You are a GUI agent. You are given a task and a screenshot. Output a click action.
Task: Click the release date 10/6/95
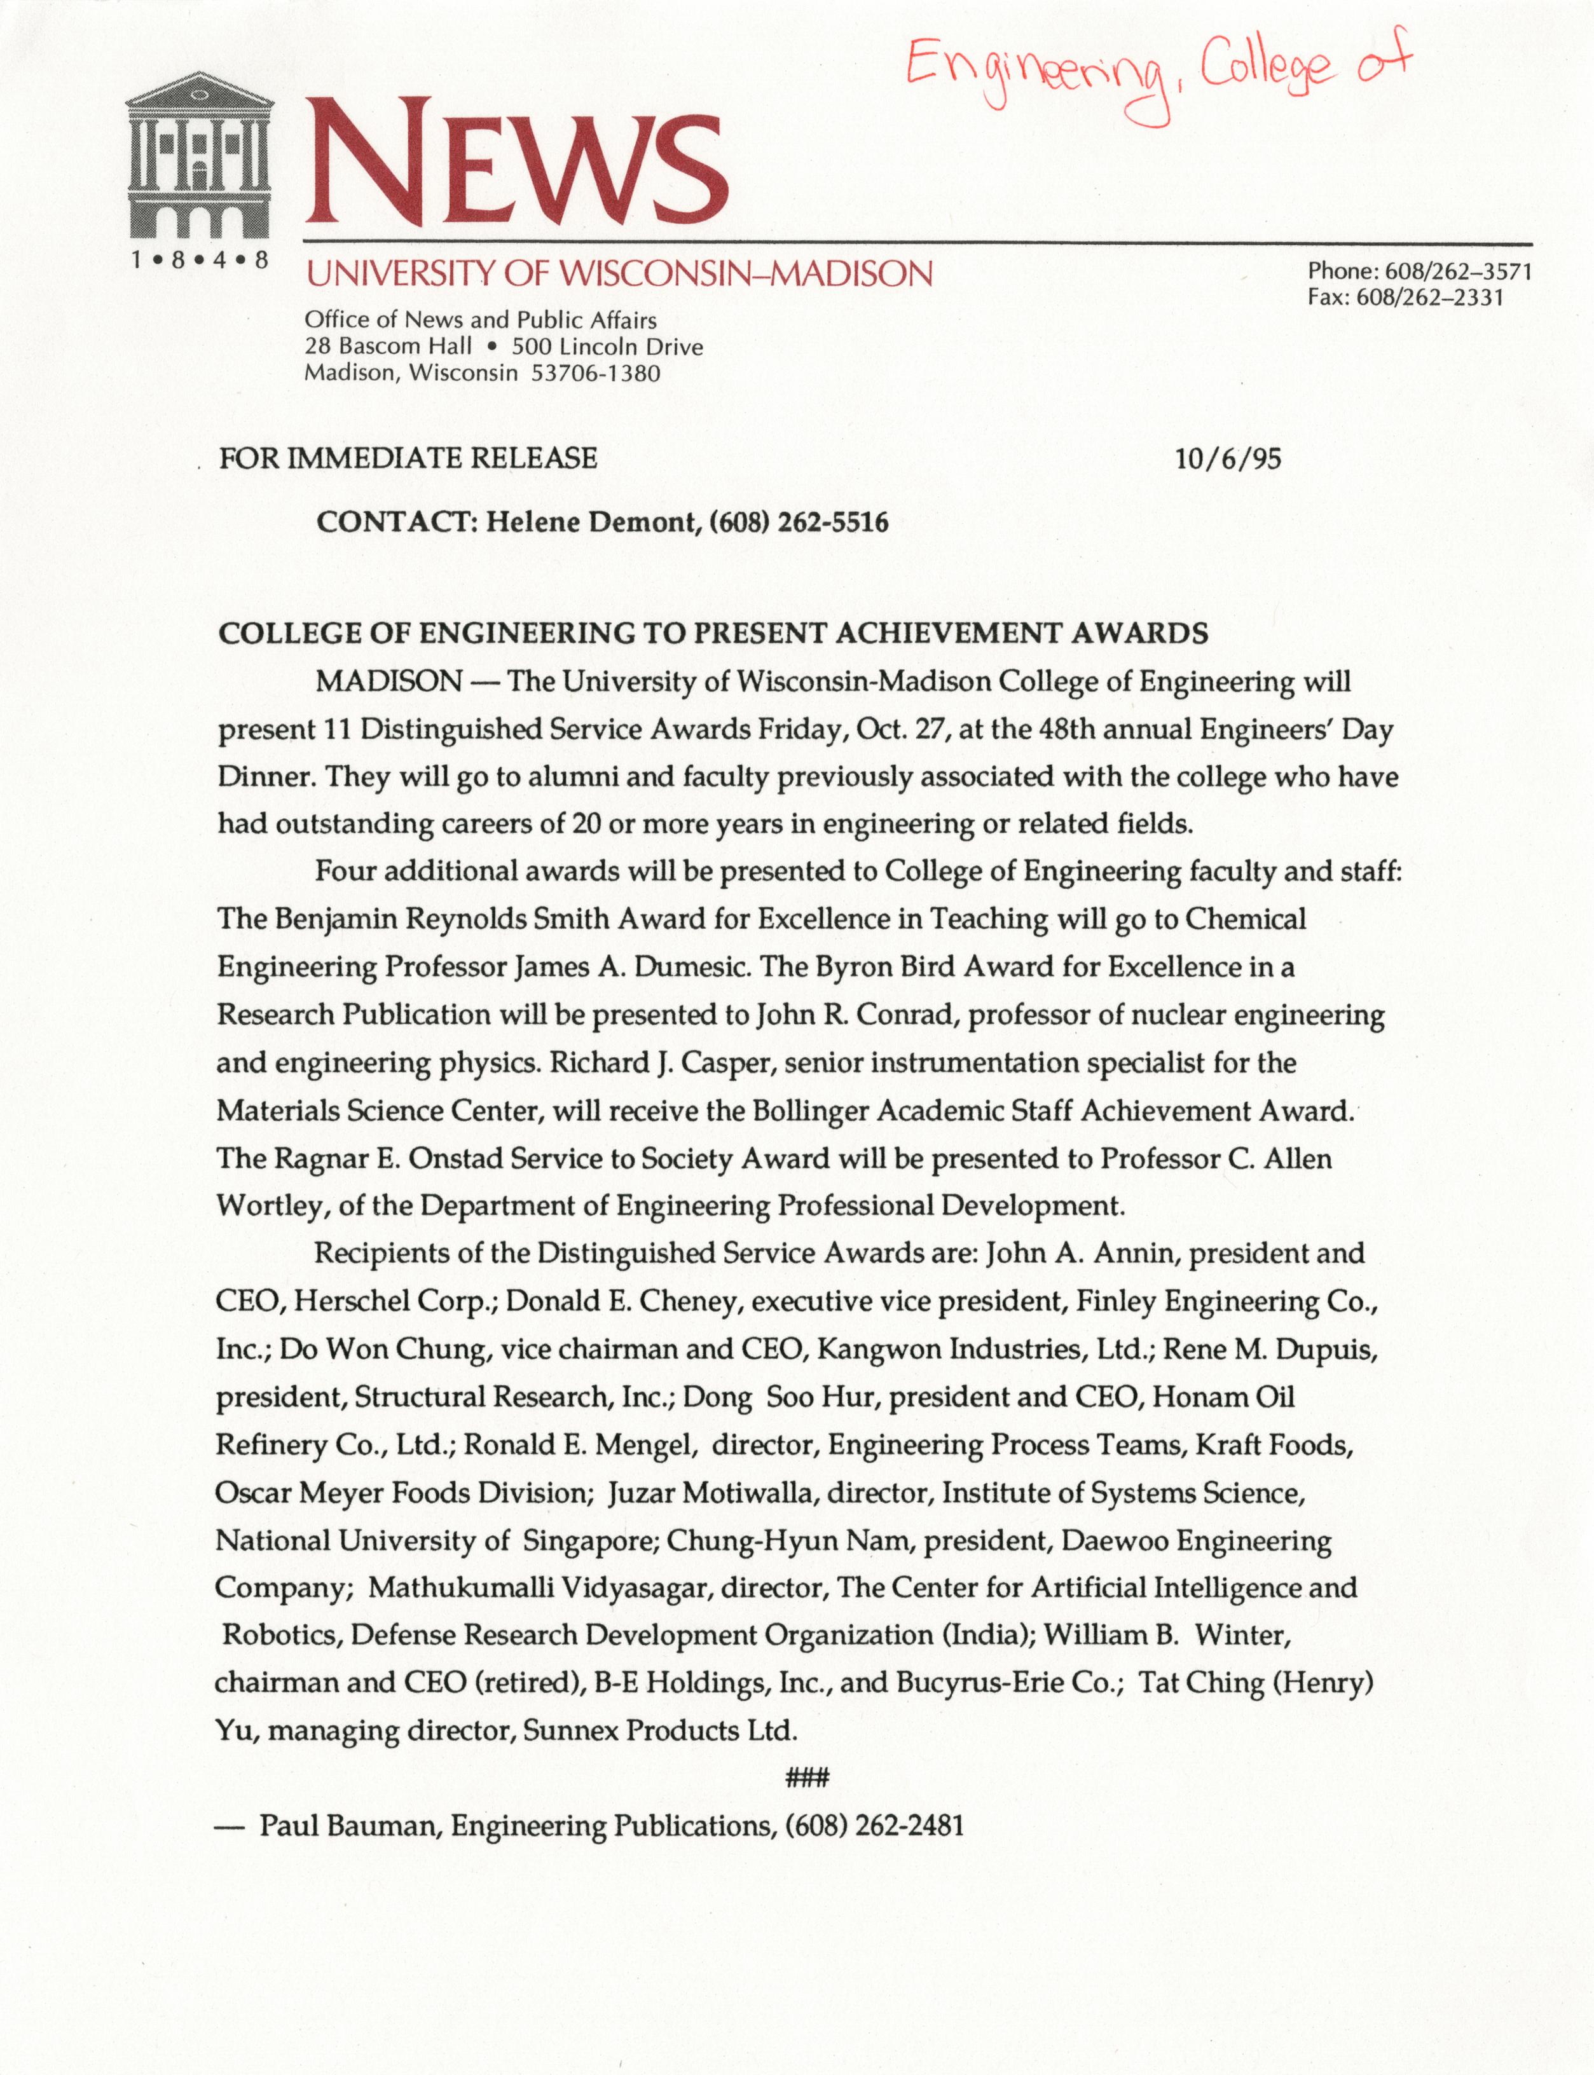(x=1228, y=459)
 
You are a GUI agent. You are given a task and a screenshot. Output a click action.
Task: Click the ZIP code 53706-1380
(x=595, y=374)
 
